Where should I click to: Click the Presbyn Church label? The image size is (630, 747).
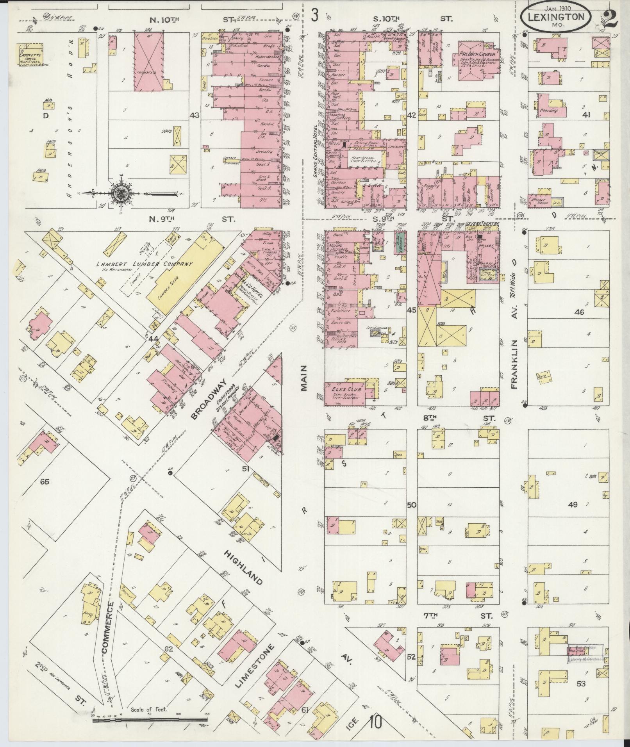[477, 54]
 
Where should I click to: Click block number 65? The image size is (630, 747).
[44, 481]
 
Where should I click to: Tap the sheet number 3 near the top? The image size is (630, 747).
[315, 16]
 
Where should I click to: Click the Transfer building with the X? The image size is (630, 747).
[149, 62]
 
